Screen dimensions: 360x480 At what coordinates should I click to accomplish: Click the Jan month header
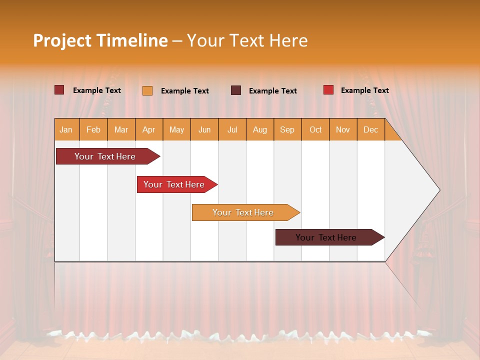(66, 130)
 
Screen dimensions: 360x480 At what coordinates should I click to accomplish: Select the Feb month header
(93, 130)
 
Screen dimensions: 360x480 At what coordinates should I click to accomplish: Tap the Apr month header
(148, 130)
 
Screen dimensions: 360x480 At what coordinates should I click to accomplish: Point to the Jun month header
(204, 130)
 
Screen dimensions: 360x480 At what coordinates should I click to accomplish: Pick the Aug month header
(259, 130)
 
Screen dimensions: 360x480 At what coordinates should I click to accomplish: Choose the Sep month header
(287, 130)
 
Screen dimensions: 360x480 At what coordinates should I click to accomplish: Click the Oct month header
(315, 130)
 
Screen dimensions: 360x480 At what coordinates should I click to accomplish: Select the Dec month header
(370, 130)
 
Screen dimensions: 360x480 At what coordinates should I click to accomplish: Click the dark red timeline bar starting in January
(105, 156)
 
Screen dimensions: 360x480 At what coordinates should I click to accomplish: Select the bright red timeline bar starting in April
(174, 184)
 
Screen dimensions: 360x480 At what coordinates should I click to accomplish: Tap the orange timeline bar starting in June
(243, 212)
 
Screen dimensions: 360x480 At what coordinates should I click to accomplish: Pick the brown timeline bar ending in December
(326, 237)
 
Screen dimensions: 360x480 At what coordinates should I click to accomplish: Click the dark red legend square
(59, 90)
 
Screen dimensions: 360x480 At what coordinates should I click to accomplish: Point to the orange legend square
(147, 90)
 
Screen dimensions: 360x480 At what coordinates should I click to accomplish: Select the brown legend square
(236, 90)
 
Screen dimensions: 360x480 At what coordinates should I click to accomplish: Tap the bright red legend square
(328, 90)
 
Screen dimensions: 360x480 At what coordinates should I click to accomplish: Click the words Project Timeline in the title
(100, 40)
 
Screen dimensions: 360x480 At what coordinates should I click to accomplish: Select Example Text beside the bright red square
(364, 90)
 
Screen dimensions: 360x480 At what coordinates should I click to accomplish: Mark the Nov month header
(343, 130)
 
